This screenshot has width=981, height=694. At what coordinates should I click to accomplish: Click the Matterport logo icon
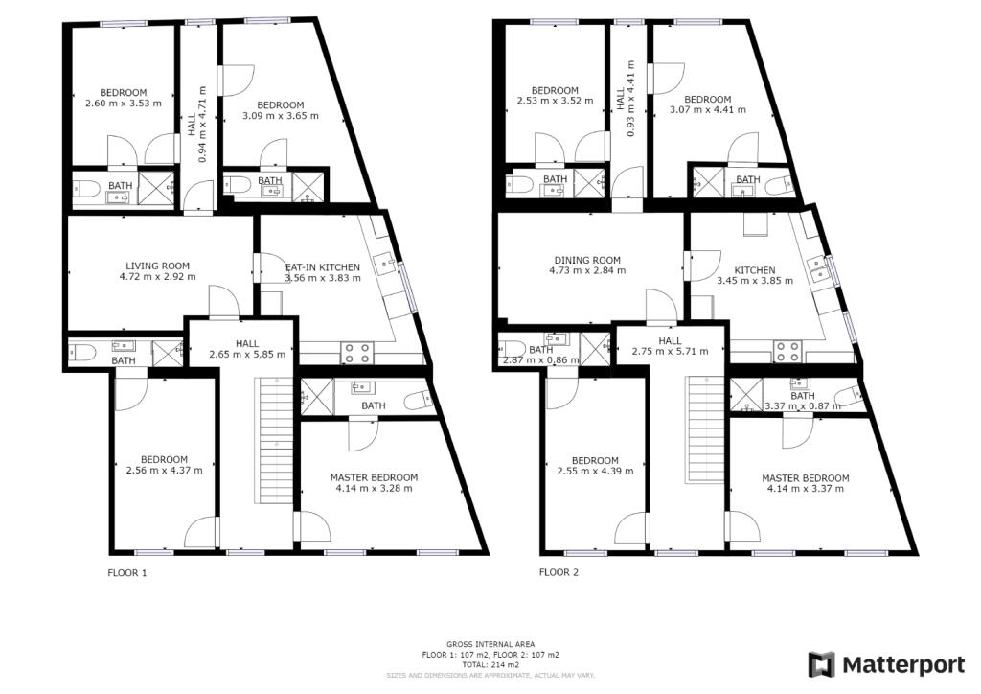click(x=821, y=664)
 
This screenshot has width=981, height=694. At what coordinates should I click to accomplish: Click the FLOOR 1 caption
click(x=127, y=572)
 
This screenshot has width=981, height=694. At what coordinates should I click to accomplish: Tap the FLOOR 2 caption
click(x=559, y=572)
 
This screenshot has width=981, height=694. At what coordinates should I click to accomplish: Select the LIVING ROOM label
click(x=158, y=266)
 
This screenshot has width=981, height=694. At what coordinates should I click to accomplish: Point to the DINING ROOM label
click(x=587, y=261)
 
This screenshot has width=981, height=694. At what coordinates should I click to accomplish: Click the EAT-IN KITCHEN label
click(x=323, y=267)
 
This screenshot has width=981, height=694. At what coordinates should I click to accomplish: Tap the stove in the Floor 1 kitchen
click(x=357, y=353)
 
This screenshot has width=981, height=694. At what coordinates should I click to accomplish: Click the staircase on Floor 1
click(x=273, y=441)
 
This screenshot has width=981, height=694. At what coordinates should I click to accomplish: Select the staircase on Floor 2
click(x=706, y=430)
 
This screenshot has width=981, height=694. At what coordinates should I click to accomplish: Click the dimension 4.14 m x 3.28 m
click(x=375, y=488)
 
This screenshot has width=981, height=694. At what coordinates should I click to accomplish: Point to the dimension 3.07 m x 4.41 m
click(x=708, y=109)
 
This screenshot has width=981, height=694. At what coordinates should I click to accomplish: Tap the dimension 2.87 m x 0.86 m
click(x=541, y=360)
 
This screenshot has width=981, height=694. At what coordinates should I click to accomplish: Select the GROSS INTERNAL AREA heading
click(x=490, y=644)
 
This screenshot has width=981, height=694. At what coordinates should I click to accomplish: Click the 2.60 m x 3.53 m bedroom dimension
click(x=124, y=104)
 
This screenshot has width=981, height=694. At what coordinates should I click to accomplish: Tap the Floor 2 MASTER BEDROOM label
click(x=805, y=478)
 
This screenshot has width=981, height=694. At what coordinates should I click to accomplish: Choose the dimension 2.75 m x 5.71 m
click(x=670, y=352)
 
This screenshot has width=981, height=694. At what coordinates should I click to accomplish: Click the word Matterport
click(x=903, y=664)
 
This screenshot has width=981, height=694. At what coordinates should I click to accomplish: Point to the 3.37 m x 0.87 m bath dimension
click(x=803, y=406)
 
